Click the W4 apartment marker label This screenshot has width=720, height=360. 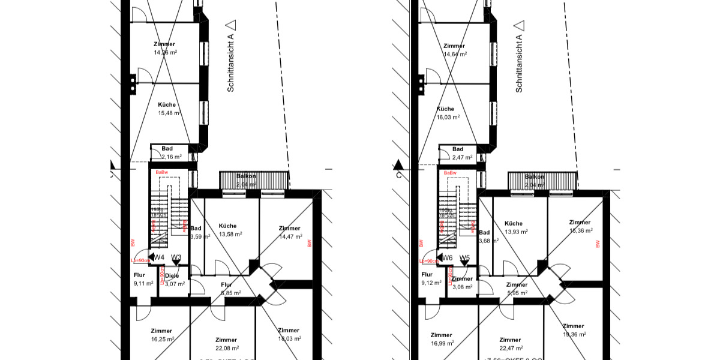160,258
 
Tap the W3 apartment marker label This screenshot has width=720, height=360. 176,258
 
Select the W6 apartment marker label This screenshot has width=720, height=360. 448,258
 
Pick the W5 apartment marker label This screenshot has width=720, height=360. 464,258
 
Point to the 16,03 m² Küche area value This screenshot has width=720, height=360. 448,118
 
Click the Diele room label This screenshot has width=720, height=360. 172,276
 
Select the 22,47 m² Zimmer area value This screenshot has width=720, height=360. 510,348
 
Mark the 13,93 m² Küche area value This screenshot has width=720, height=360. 516,232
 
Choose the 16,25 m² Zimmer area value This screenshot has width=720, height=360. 162,339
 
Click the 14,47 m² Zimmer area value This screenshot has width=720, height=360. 289,237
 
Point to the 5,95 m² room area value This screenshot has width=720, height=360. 516,293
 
